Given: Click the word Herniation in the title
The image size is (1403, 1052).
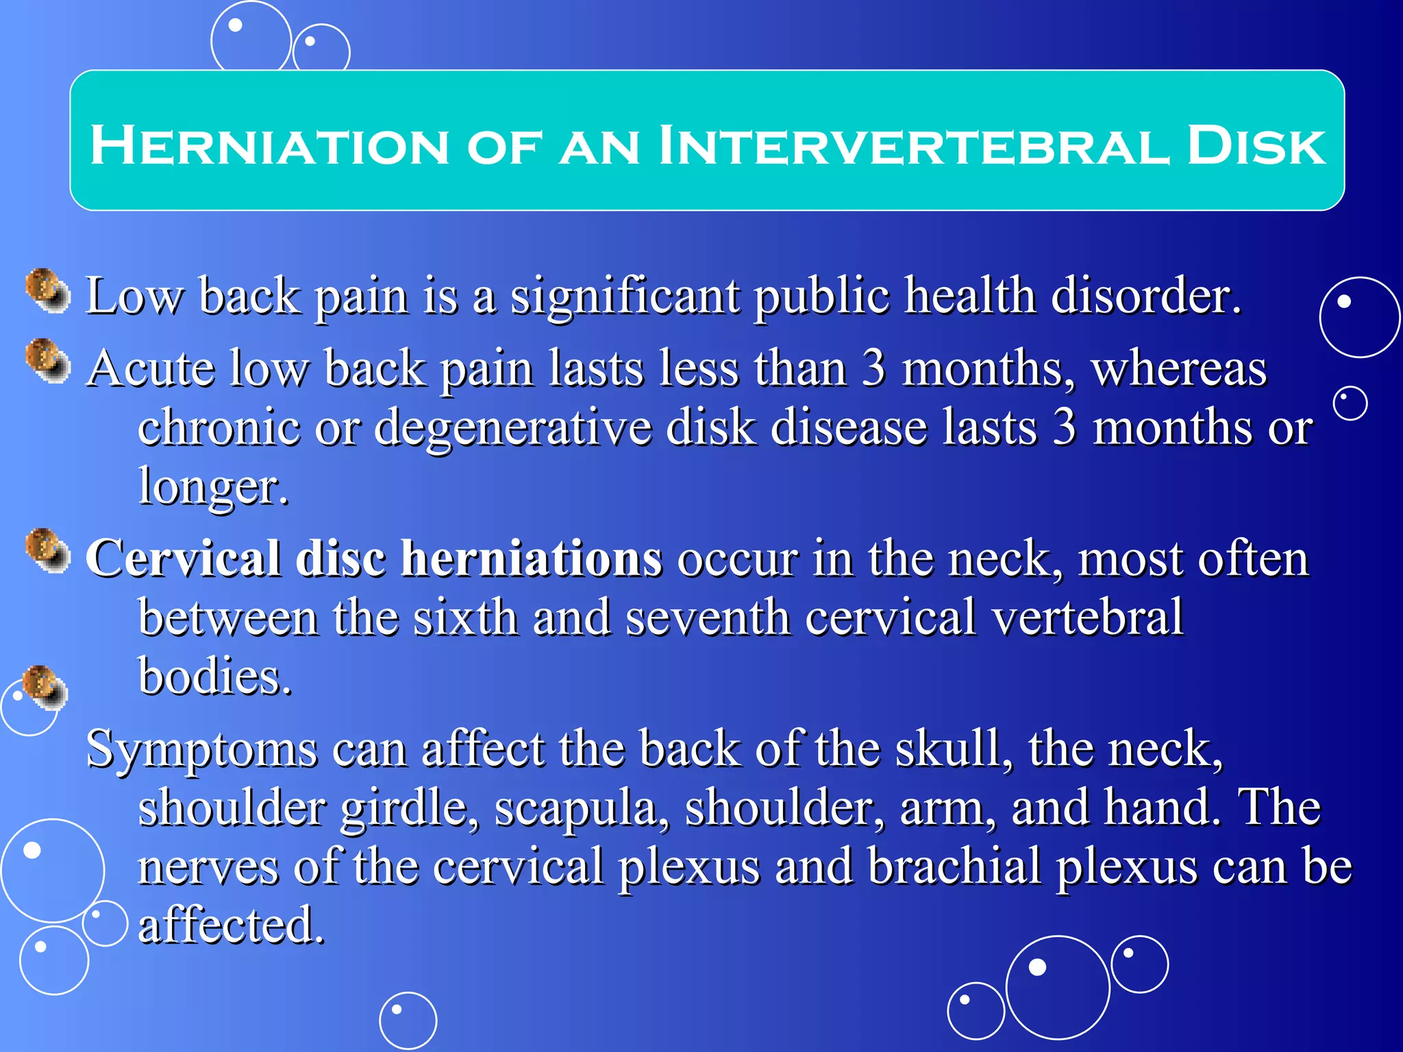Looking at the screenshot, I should coord(269,146).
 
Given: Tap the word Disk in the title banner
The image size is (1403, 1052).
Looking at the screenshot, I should coord(1256,146).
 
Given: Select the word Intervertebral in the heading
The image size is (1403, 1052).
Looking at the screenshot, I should coord(912,146).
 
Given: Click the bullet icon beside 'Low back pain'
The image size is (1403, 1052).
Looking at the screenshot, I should coord(48,291).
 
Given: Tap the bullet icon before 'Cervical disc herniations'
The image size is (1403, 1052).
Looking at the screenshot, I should coord(48,551).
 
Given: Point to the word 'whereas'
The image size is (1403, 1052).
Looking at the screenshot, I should coord(1179,369).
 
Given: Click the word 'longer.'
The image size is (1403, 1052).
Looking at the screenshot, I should coord(213,486).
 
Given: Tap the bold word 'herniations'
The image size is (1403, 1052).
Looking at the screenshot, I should coord(531,558).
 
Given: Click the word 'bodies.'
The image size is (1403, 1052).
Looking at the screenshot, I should coord(214,677).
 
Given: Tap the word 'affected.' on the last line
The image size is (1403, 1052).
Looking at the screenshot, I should coord(231,925).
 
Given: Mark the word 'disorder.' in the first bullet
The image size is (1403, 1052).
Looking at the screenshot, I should coord(1145,296).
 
